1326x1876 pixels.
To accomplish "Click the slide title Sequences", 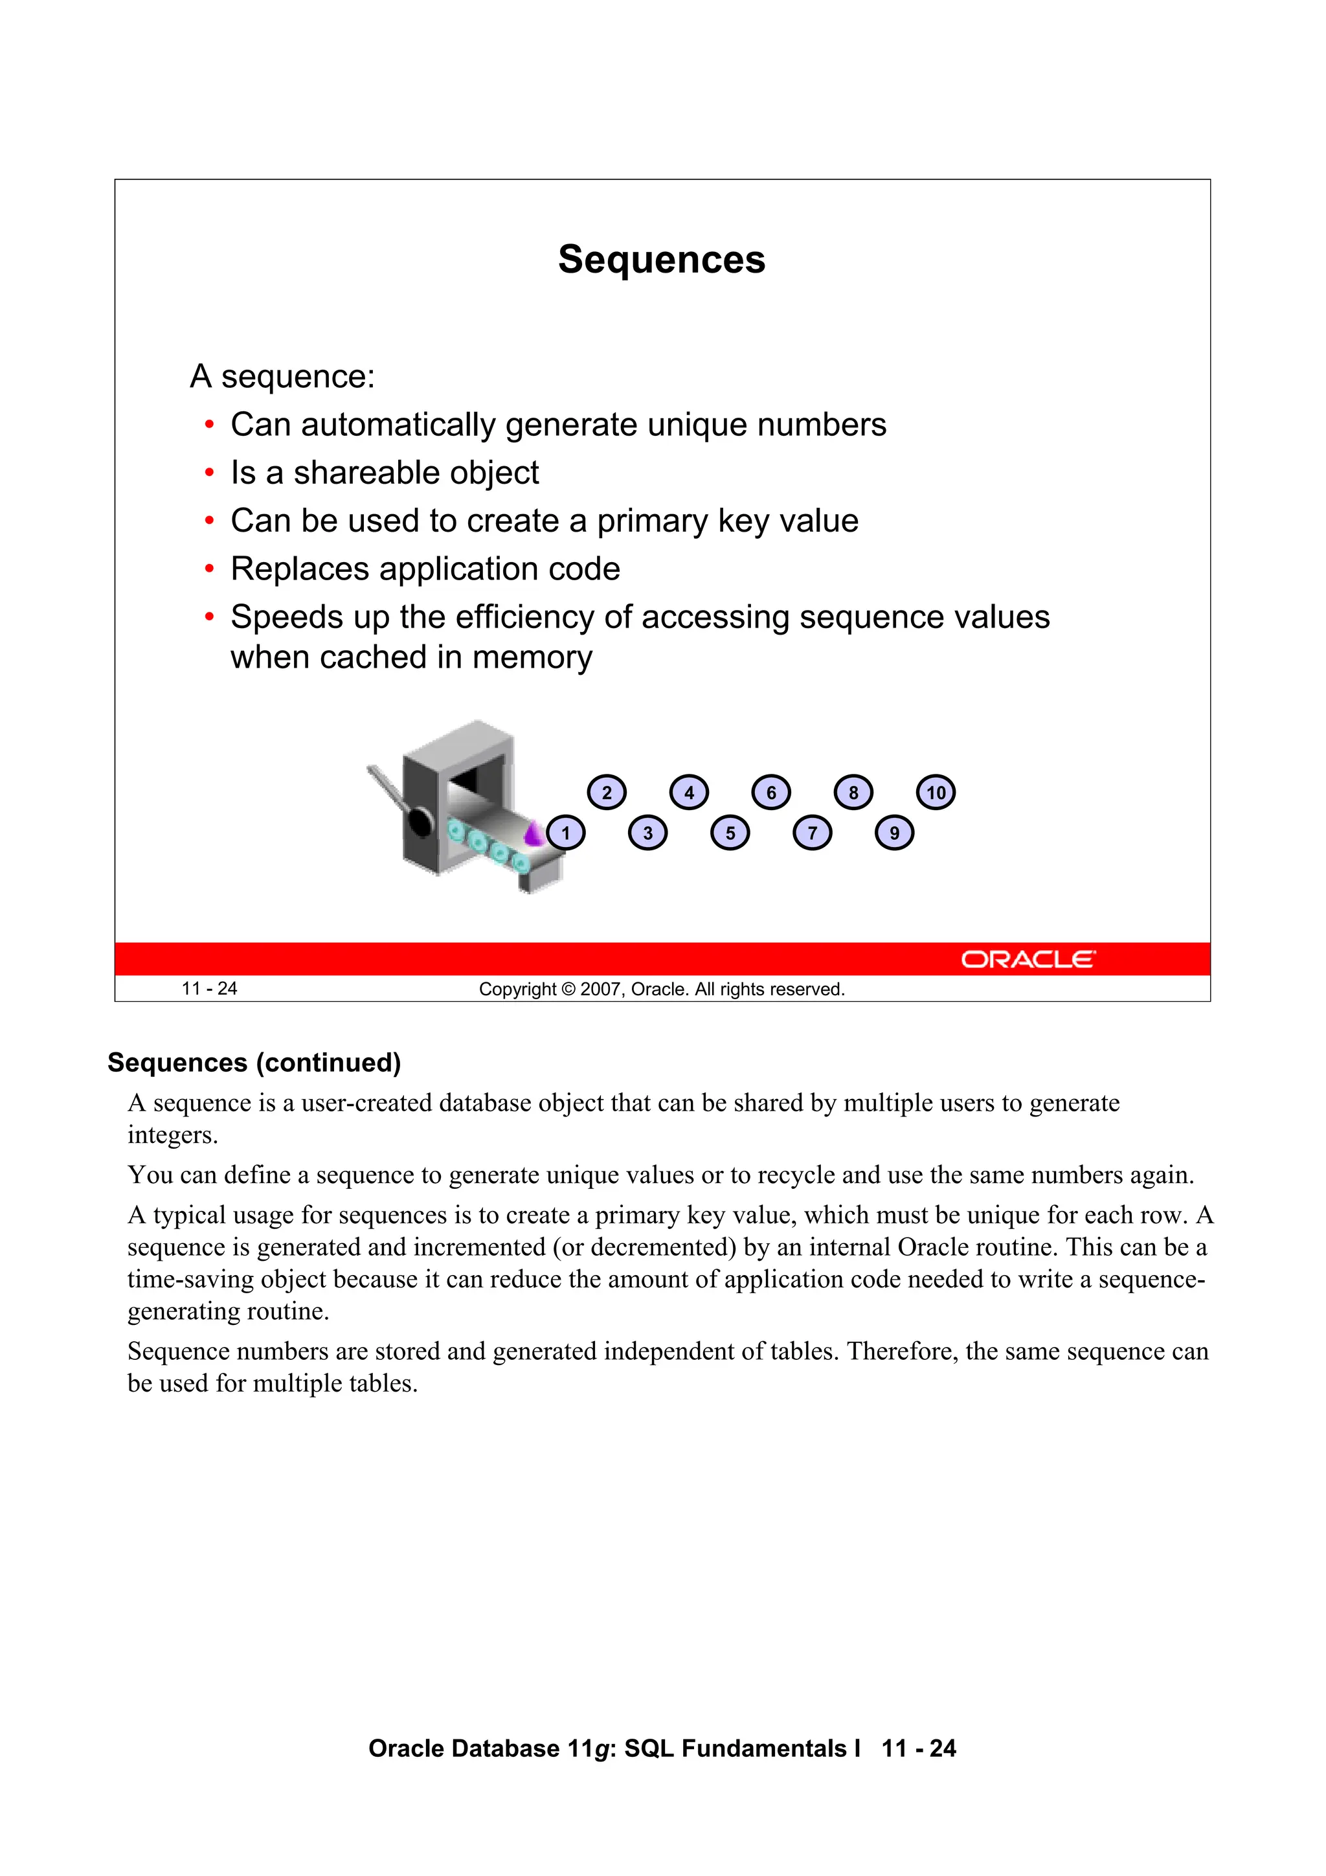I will coord(661,260).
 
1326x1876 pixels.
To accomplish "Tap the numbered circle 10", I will coord(936,793).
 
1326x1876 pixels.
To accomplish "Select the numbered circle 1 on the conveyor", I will coord(565,833).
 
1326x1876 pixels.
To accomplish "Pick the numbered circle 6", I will coord(770,793).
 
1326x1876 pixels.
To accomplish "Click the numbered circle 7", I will coord(812,833).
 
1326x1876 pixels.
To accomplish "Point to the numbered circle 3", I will coord(648,833).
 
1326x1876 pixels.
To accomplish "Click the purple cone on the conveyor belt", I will coord(534,834).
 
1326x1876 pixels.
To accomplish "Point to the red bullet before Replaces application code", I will coord(210,569).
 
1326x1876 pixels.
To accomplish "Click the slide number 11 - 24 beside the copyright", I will coord(209,989).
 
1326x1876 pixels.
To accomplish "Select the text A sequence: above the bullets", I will coord(282,377).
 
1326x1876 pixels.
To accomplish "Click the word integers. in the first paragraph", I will coord(172,1135).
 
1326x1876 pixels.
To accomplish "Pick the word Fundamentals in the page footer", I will coord(763,1748).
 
